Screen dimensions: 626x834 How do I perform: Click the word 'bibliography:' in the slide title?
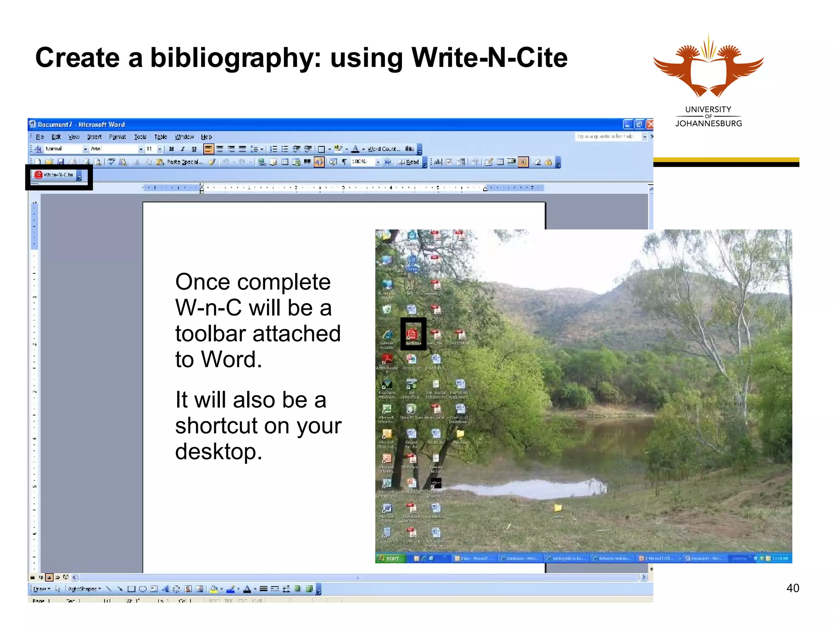click(236, 58)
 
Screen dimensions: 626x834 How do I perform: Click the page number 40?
click(792, 588)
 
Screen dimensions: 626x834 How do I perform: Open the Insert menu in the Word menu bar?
click(94, 137)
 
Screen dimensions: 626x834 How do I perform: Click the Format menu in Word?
click(117, 137)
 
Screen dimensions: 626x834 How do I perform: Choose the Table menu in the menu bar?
click(160, 137)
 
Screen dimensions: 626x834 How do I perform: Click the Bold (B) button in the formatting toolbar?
click(171, 149)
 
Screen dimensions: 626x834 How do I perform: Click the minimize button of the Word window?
click(628, 124)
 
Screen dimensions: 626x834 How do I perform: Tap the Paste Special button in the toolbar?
click(184, 162)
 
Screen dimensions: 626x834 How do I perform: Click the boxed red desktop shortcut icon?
click(412, 334)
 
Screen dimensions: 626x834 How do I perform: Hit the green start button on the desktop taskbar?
click(390, 558)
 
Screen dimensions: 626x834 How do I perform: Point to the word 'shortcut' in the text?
click(216, 426)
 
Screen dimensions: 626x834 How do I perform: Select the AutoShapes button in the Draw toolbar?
click(83, 589)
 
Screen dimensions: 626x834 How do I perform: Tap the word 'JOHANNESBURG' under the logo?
click(708, 123)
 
